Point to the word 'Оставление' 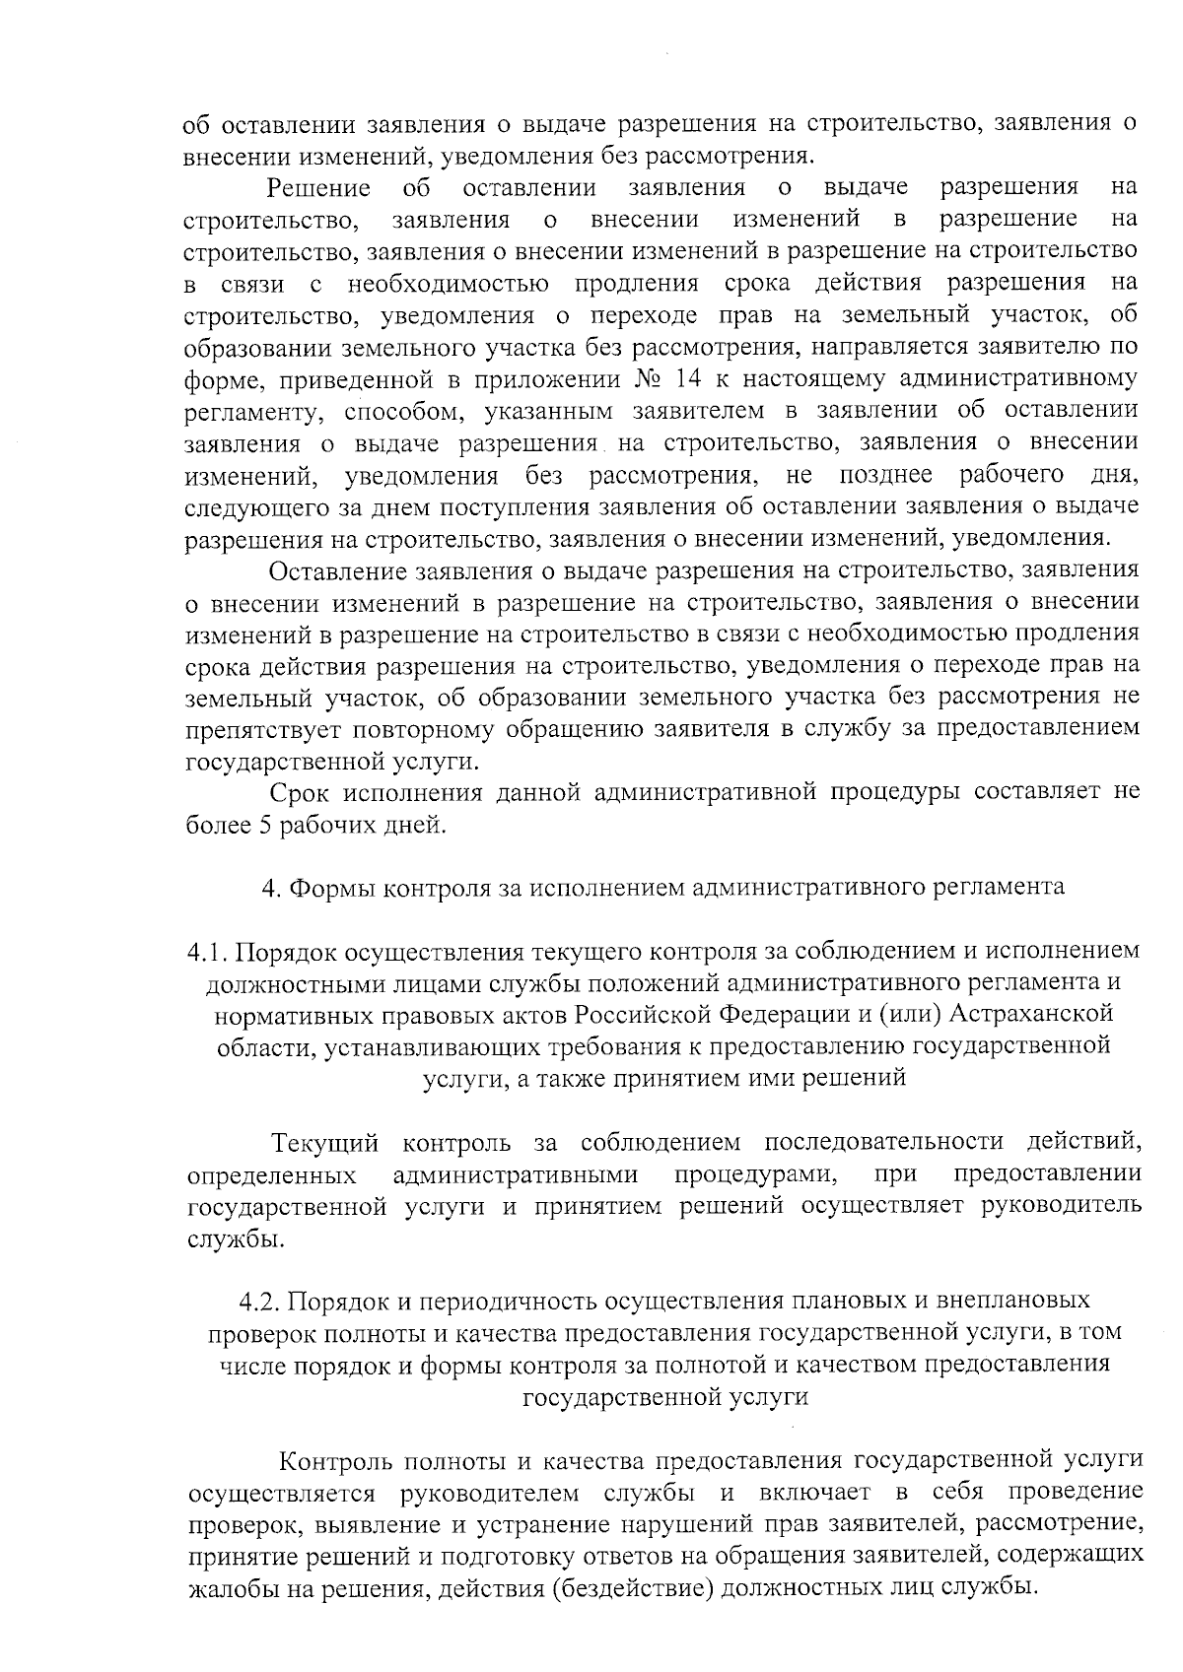click(338, 570)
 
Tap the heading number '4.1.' click(207, 952)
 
